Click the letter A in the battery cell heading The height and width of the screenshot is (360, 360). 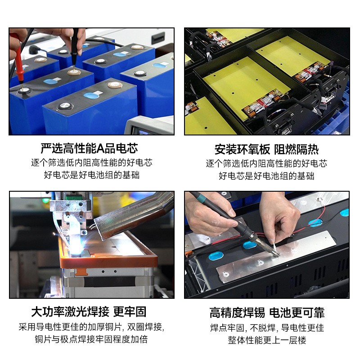100,149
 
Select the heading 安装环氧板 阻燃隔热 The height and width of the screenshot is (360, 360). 266,150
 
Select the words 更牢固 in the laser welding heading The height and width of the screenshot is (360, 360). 130,312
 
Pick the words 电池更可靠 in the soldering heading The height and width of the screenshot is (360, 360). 297,313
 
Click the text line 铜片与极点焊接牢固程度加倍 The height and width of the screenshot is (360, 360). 91,339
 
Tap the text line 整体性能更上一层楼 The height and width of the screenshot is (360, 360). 267,340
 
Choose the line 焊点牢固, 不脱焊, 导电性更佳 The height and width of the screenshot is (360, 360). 267,328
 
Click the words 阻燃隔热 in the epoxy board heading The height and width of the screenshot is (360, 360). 297,150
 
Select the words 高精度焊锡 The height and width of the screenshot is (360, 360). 237,313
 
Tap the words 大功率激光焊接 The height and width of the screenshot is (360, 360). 70,312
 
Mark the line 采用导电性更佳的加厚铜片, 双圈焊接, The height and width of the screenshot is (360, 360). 92,327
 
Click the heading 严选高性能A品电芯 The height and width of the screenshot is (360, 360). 89,149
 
